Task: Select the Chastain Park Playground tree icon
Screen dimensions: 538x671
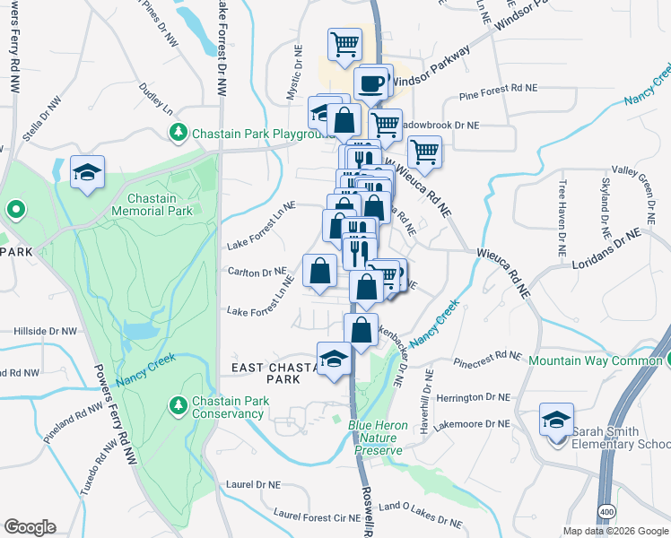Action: pyautogui.click(x=179, y=134)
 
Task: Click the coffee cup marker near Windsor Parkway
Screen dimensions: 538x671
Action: pyautogui.click(x=370, y=84)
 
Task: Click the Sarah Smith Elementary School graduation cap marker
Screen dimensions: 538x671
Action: pyautogui.click(x=556, y=420)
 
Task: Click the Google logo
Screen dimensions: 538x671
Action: pyautogui.click(x=30, y=527)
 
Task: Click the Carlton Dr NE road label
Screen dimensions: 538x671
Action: pyautogui.click(x=257, y=271)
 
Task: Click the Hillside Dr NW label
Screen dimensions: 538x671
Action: pyautogui.click(x=39, y=331)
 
